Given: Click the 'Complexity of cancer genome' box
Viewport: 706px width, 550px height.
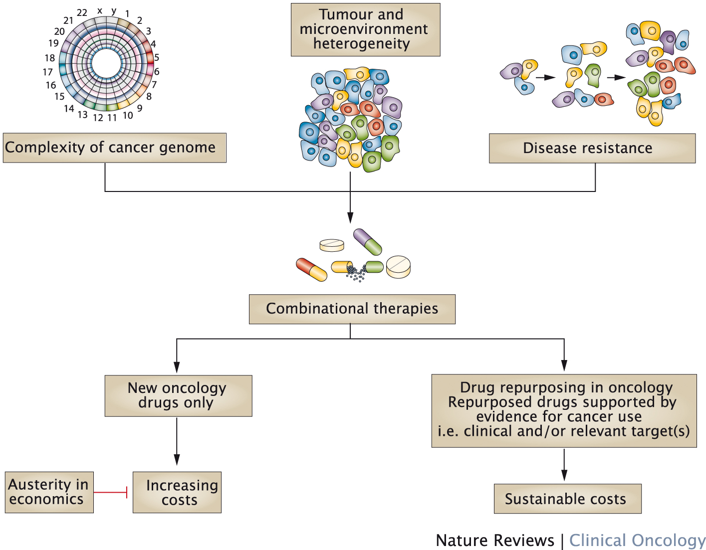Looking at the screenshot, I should [114, 148].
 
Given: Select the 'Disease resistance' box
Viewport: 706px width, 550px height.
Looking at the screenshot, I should [592, 148].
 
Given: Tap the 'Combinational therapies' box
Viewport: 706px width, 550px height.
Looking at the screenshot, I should [352, 309].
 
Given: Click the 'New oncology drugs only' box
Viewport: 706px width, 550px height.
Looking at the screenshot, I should [178, 395].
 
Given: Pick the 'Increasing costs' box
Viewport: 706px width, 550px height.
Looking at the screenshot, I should [177, 492].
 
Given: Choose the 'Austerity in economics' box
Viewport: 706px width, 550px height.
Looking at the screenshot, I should [49, 492].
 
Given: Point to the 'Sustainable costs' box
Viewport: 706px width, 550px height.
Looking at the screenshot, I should [567, 499].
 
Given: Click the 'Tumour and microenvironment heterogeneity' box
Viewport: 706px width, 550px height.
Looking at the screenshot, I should [365, 29].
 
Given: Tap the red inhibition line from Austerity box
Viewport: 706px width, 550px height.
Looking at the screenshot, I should [111, 492].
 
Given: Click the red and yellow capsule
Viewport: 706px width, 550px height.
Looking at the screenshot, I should [311, 269].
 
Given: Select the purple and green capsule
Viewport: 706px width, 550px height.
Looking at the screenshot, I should [368, 242].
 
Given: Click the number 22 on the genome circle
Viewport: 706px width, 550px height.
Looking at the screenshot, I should [82, 13].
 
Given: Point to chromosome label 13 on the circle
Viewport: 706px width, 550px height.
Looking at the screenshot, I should [82, 115].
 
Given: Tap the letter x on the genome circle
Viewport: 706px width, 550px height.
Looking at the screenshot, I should [100, 10].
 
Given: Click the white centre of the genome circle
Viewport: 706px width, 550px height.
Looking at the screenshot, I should [106, 64].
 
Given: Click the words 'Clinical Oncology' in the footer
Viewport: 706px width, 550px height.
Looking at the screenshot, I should [637, 540].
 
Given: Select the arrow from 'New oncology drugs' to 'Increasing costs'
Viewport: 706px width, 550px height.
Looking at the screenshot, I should [177, 441].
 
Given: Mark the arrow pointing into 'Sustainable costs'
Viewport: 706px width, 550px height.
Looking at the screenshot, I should [564, 465].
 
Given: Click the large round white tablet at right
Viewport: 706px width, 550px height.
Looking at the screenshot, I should [398, 266].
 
